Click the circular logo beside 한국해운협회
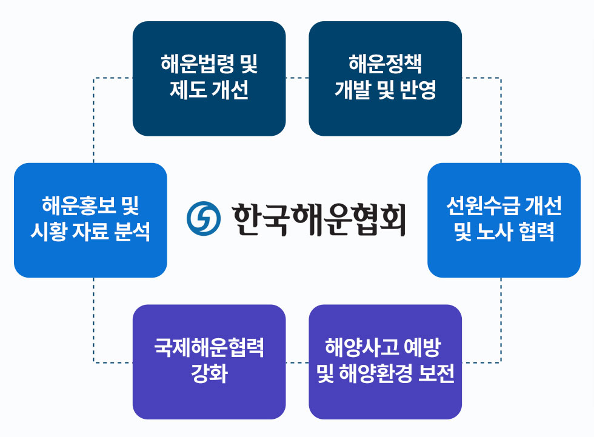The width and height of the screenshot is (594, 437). pos(204,218)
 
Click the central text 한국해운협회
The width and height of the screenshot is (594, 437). pos(319,219)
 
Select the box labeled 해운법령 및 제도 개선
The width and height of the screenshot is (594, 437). pos(209,78)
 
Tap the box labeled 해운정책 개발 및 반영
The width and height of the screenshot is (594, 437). pos(385,78)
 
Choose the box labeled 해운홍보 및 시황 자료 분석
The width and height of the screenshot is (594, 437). pos(90,220)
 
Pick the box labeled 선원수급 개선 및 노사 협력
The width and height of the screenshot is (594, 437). pos(504,220)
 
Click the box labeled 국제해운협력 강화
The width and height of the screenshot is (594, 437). pos(209,362)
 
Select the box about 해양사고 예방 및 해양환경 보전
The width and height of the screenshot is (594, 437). pos(385,362)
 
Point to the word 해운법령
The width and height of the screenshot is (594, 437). pos(197,64)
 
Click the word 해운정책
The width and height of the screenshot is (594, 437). pos(385,64)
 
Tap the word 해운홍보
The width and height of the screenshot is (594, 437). pos(78,205)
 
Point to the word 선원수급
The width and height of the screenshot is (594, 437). pos(482,205)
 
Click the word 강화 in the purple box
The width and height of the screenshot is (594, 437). pos(209,373)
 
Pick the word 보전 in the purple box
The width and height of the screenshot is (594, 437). pos(436,373)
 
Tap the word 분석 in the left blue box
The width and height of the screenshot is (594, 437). pos(132,232)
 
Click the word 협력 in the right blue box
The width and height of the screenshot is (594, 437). pos(536,232)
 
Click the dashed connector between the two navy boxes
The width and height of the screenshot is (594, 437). pos(298,78)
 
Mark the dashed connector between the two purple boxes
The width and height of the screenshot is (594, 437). pos(298,362)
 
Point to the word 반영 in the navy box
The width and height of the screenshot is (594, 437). pos(418,90)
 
